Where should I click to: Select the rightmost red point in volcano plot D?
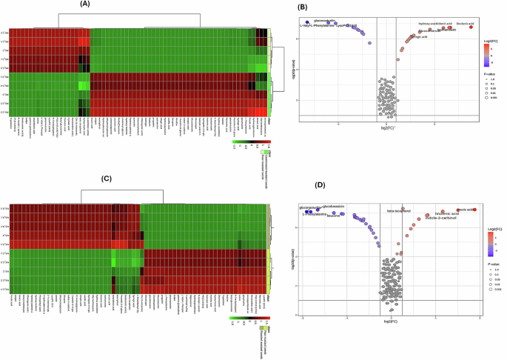point(474,210)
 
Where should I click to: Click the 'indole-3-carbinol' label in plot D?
point(442,219)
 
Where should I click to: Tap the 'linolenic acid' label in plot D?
point(447,213)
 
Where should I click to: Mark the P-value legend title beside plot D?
point(491,264)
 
